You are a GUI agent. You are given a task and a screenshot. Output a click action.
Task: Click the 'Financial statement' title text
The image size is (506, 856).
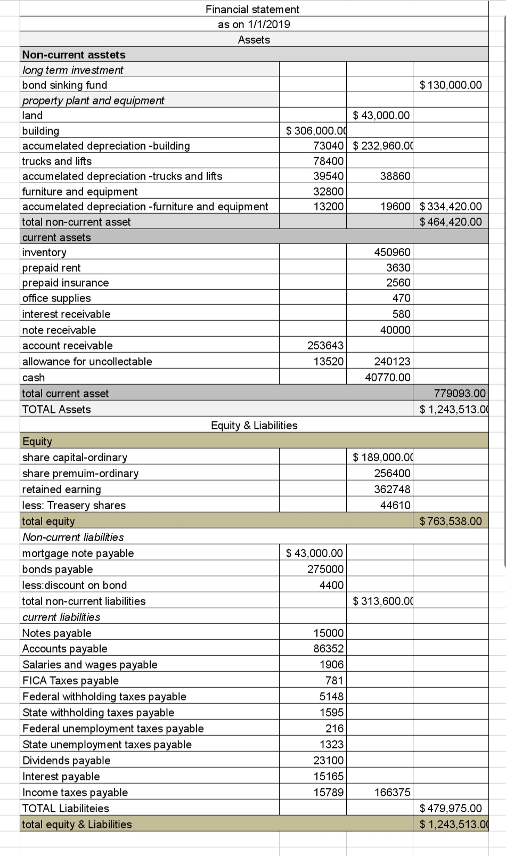(252, 9)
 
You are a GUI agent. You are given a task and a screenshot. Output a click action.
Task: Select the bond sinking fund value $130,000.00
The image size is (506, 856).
(451, 85)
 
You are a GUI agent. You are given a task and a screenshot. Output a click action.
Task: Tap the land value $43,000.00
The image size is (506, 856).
(381, 115)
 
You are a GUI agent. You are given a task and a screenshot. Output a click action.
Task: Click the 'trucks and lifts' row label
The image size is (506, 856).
(56, 161)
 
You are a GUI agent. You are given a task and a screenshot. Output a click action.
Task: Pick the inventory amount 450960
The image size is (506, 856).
(392, 252)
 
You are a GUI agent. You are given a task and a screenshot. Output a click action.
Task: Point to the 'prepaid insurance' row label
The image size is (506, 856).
(65, 282)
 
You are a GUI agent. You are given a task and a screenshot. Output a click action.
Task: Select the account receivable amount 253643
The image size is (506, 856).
(325, 345)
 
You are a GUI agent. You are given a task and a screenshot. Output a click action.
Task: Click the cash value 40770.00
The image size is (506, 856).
(388, 377)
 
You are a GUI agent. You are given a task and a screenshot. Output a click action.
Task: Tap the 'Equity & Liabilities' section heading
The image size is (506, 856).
(254, 425)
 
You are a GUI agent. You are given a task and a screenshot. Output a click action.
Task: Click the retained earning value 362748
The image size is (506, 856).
(392, 489)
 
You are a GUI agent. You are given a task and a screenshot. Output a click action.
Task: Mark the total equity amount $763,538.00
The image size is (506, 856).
(451, 521)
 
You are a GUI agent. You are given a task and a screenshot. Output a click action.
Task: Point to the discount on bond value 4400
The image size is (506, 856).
(331, 585)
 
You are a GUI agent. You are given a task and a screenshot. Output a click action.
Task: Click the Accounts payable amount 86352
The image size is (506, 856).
(328, 648)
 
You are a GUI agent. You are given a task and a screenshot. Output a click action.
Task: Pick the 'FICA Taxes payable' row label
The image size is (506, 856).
(70, 680)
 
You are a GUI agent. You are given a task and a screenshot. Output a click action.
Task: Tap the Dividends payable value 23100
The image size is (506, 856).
(328, 760)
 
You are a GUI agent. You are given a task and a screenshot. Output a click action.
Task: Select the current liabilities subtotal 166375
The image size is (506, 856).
(392, 792)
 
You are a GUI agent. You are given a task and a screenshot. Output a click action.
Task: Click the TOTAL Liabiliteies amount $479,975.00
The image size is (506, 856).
(451, 808)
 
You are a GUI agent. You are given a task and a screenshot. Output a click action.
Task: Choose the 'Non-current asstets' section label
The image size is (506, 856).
(74, 54)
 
